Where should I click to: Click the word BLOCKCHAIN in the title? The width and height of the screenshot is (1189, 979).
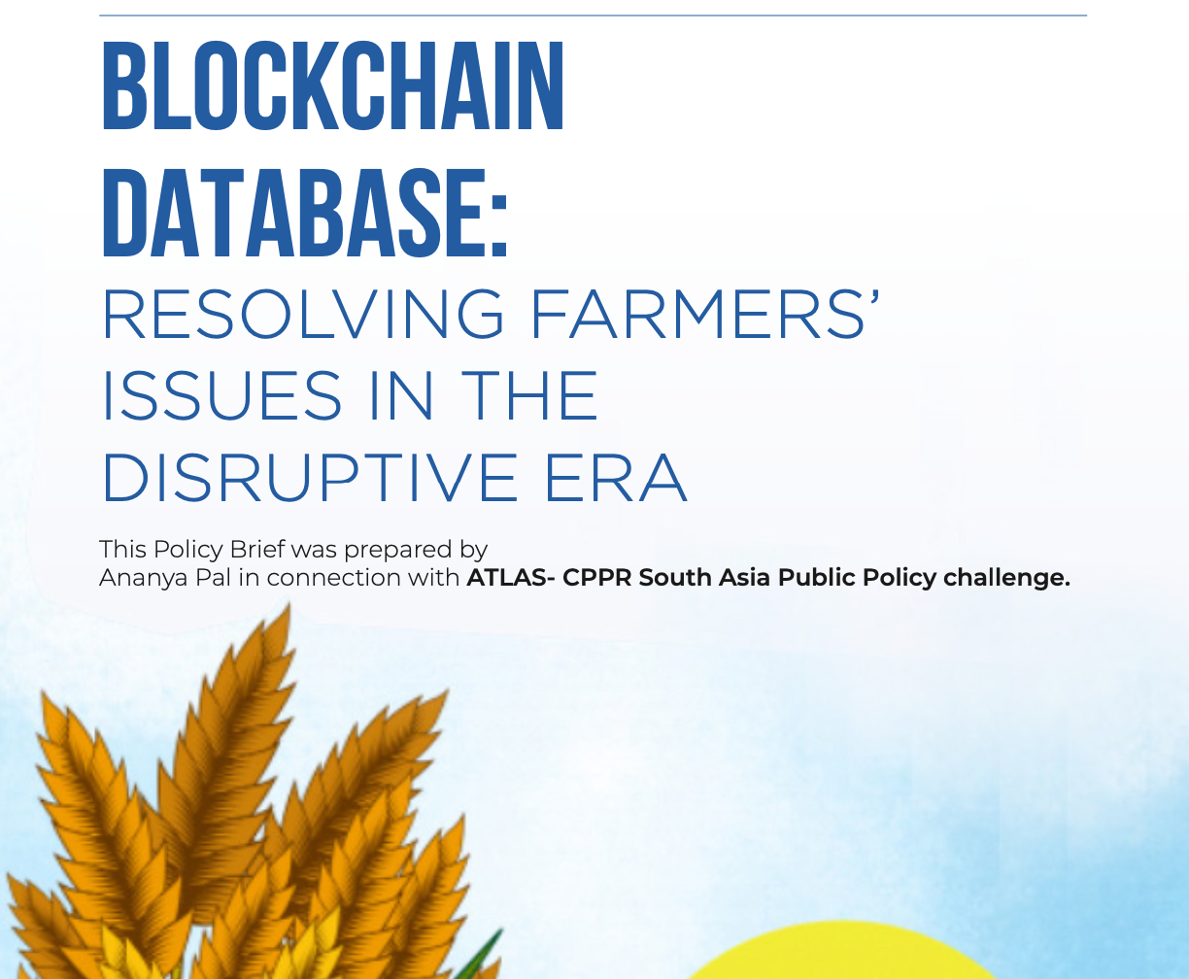(x=332, y=86)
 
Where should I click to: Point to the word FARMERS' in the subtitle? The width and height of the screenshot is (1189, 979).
(x=705, y=315)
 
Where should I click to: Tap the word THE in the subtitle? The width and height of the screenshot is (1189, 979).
(x=529, y=395)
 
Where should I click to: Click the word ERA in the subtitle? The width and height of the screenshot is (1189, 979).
(x=616, y=477)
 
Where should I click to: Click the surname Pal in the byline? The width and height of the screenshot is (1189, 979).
(x=214, y=578)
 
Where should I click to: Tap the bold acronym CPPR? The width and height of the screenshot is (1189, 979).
(x=596, y=578)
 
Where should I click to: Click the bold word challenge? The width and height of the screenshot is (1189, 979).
(x=1006, y=579)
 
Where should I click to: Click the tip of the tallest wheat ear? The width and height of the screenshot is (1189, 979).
(x=289, y=604)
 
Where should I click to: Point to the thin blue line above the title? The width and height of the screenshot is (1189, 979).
(x=593, y=16)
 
